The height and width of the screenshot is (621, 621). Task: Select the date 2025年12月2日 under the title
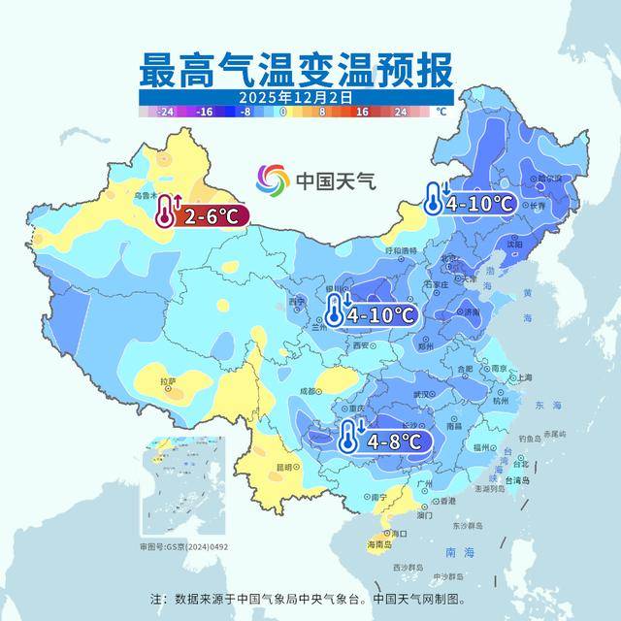(x=293, y=98)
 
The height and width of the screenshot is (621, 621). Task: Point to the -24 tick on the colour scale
(x=166, y=112)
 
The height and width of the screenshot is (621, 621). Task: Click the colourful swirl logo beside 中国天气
(x=273, y=180)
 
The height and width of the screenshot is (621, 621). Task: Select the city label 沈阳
(x=528, y=245)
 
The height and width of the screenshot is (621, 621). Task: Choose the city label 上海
(x=524, y=377)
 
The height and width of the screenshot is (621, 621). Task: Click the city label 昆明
(x=284, y=467)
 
